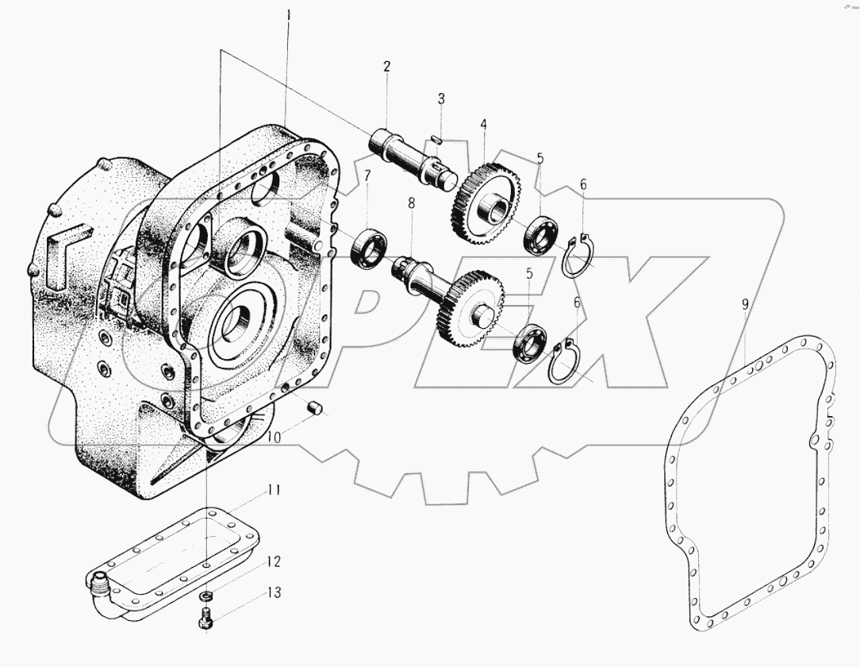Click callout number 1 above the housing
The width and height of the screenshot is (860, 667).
[289, 13]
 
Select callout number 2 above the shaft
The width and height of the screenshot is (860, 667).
[386, 67]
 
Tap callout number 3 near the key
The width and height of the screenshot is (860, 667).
[441, 99]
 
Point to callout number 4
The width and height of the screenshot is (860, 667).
[482, 125]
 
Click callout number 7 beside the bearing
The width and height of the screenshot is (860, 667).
[367, 175]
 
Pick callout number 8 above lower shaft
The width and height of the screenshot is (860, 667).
[412, 203]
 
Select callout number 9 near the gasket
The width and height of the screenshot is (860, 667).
[745, 304]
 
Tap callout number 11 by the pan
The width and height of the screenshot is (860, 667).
[273, 490]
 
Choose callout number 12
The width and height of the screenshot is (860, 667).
[273, 562]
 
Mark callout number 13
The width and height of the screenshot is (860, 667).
[273, 593]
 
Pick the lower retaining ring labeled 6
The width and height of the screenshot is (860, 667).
[565, 363]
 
